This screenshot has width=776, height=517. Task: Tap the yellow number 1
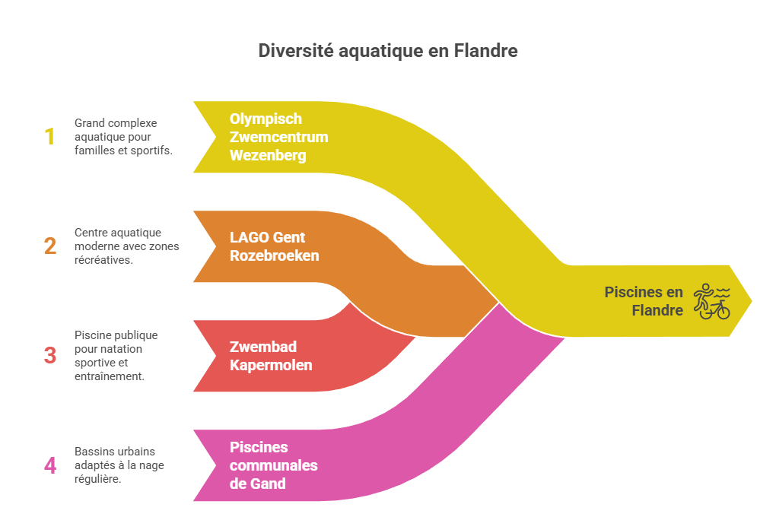click(x=50, y=137)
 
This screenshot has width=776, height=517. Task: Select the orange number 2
click(x=50, y=246)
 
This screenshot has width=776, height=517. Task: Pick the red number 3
click(x=50, y=355)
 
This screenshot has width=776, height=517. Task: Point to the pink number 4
click(x=50, y=465)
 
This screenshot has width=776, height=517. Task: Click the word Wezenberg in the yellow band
click(x=268, y=156)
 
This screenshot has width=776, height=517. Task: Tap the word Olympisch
click(x=266, y=119)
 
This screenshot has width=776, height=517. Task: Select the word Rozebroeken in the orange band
click(x=274, y=256)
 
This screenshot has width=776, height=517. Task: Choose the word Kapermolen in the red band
click(x=270, y=366)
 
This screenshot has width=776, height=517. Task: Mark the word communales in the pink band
click(x=273, y=465)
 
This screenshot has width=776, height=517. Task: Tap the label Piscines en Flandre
click(x=644, y=301)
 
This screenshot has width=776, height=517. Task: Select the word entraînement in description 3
click(x=110, y=376)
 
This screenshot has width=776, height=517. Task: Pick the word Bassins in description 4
click(x=92, y=452)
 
